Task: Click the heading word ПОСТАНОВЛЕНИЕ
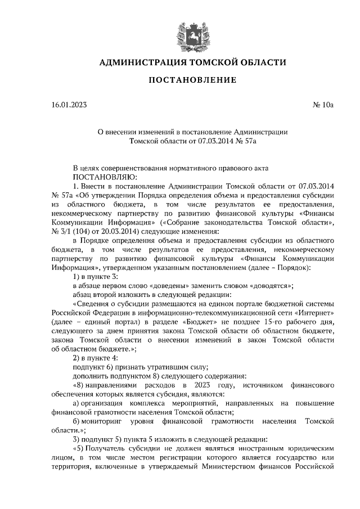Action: click(192, 80)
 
